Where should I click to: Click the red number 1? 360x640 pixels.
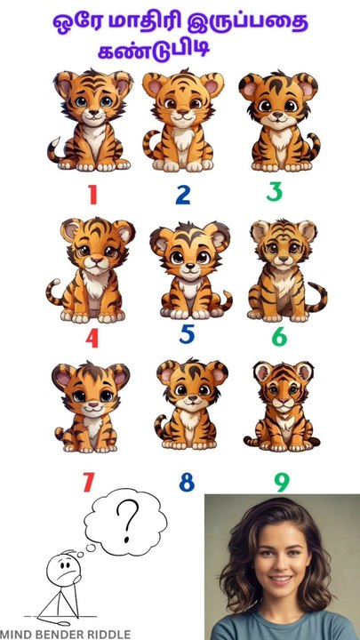click(x=92, y=195)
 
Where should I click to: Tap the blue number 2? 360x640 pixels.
click(x=182, y=195)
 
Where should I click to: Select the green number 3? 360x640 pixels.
click(x=275, y=191)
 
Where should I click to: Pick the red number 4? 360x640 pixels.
click(x=92, y=338)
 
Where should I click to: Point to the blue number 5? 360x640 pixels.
click(x=186, y=335)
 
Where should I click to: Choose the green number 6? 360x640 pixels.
click(x=279, y=337)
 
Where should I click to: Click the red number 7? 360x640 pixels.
click(x=88, y=483)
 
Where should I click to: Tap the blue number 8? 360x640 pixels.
click(x=186, y=483)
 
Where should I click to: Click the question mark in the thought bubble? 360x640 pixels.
click(x=130, y=516)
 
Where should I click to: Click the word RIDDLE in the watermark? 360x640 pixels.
click(x=105, y=634)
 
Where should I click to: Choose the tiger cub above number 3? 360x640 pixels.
click(x=277, y=122)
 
